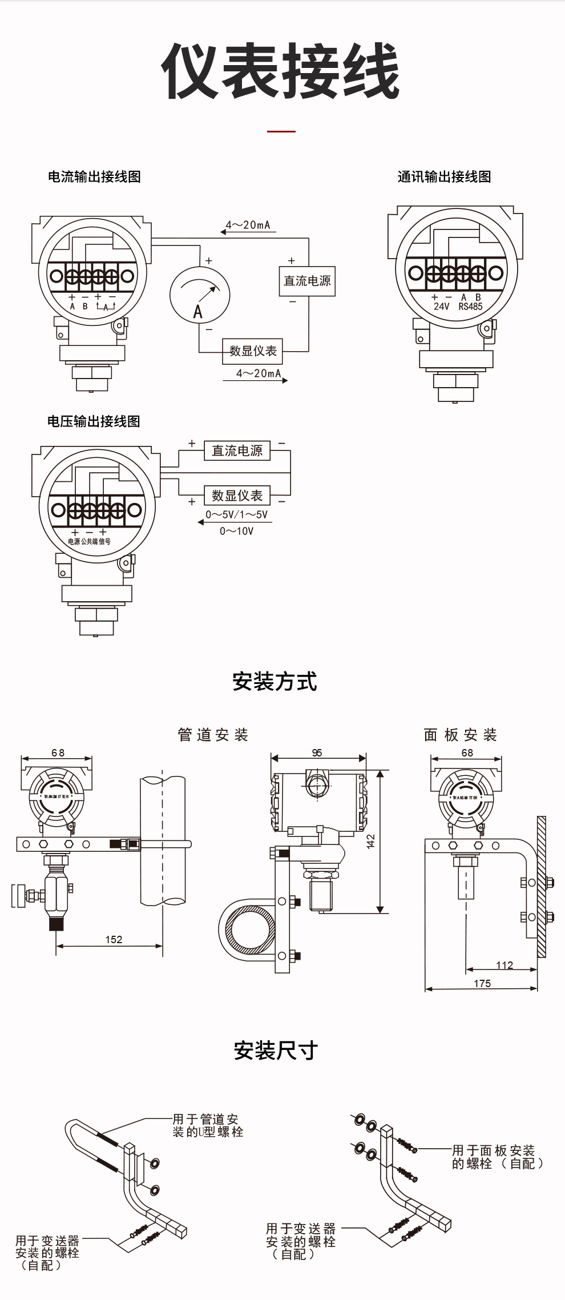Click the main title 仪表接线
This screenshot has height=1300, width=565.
point(281,71)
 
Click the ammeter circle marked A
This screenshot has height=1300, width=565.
point(199,295)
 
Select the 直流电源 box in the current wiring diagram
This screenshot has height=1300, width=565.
point(307,281)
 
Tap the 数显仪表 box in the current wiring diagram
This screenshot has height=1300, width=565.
point(252,351)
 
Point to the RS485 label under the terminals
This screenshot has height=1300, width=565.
point(470,307)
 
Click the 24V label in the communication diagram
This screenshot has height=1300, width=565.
point(441,307)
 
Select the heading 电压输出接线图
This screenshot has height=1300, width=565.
point(94,421)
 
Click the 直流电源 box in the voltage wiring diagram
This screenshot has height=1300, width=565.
point(237,450)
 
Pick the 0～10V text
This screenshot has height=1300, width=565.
point(236,531)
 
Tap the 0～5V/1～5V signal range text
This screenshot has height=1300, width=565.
point(236,514)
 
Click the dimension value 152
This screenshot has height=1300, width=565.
point(114,939)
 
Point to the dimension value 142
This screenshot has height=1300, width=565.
point(370,841)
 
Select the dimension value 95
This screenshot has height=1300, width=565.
point(317,753)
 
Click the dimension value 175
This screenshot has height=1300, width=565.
point(482,983)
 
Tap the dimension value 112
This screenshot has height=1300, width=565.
point(505,965)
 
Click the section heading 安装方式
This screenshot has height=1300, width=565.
point(275,681)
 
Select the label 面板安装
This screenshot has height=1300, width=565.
point(460,735)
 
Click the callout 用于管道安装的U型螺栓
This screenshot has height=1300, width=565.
point(207,1125)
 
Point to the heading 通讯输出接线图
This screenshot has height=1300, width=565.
point(444,176)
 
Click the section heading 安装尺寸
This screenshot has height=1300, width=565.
point(276,1051)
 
